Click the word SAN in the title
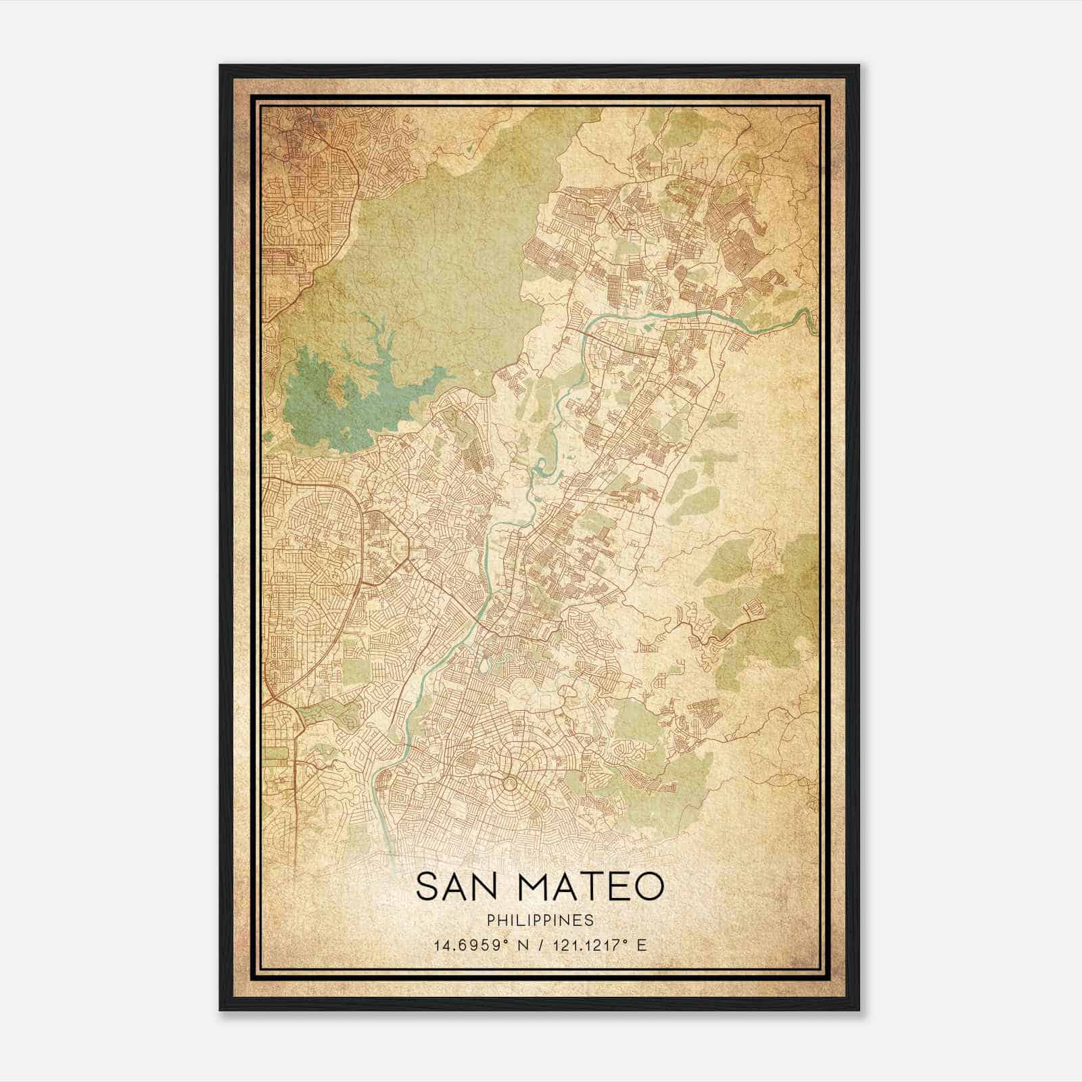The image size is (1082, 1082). click(458, 886)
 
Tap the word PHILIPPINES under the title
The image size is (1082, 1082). click(540, 920)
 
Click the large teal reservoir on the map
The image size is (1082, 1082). click(318, 406)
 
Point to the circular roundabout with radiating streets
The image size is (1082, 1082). click(510, 783)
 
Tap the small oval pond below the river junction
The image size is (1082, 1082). click(484, 665)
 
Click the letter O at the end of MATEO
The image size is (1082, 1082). click(648, 886)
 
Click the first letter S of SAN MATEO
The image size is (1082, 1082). click(427, 886)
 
